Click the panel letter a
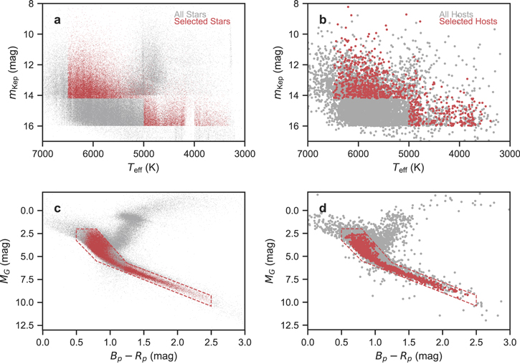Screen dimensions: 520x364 click(x=57, y=21)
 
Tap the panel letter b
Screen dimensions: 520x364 click(x=323, y=20)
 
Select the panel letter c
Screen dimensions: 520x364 click(x=57, y=209)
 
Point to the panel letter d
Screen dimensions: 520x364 click(x=323, y=208)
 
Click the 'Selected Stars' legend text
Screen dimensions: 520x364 click(x=202, y=21)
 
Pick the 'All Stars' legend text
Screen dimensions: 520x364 click(x=190, y=14)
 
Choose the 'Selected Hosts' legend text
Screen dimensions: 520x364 click(x=468, y=21)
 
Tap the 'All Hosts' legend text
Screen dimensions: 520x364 click(x=456, y=14)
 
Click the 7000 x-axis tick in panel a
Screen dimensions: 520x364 click(x=42, y=153)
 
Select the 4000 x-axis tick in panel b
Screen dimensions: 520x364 click(x=459, y=153)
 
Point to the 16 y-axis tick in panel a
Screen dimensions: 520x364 click(x=32, y=126)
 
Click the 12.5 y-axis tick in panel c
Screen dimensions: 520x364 click(x=28, y=325)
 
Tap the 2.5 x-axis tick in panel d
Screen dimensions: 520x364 click(x=476, y=342)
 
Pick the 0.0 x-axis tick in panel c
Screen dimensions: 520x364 click(x=42, y=342)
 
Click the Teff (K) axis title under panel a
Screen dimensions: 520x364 click(x=143, y=168)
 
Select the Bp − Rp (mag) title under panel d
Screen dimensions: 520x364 click(x=409, y=356)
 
